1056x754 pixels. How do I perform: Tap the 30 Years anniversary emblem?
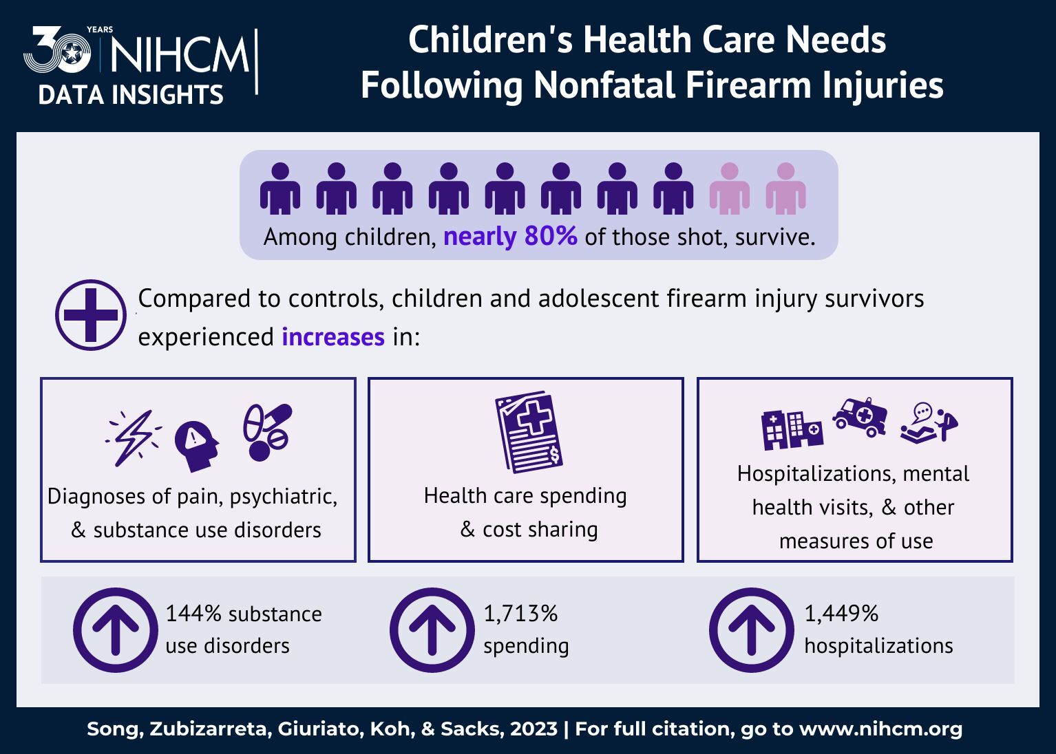59,51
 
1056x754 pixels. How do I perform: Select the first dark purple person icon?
280,188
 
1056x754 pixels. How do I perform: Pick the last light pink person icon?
785,188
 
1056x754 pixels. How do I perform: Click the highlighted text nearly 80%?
510,237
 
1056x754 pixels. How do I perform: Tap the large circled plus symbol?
91,315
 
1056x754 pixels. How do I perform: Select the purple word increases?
333,337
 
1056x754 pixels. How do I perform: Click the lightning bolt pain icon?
134,438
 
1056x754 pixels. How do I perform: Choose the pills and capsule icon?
267,431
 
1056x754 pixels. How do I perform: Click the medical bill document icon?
529,432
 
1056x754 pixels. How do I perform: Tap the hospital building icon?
791,429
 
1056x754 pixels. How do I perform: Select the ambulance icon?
860,416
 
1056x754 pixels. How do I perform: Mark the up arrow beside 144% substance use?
116,630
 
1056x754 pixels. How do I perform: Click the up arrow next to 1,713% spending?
432,630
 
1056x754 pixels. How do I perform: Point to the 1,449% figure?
841,613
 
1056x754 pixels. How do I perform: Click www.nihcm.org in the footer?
880,729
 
